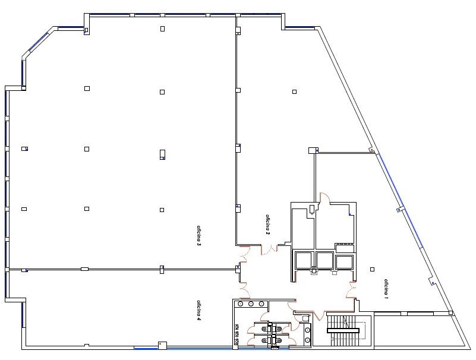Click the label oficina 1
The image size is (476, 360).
pos(386,289)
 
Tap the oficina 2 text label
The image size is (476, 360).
pos(268,225)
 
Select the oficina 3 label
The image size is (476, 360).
pos(199,236)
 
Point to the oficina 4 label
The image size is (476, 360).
pos(199,310)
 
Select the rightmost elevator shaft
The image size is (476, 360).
pos(344,262)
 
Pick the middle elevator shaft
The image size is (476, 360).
pos(324,260)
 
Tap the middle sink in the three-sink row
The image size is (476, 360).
pos(251,304)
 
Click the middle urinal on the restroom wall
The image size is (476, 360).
pos(237,334)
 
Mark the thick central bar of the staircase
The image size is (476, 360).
pos(343,330)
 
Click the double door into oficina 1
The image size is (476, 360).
pos(352,290)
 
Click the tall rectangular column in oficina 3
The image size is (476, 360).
pos(162,154)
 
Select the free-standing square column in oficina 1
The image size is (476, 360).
pos(373,269)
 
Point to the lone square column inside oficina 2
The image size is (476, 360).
pos(294,91)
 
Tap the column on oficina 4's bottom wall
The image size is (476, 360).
pos(162,345)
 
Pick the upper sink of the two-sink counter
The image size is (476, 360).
pos(307,329)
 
